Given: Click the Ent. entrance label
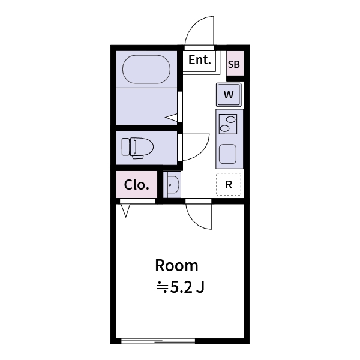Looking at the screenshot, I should [x=200, y=60].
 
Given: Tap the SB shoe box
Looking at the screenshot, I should [x=235, y=64].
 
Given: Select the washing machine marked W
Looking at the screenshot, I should [x=229, y=95].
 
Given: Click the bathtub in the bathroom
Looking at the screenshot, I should [x=147, y=70].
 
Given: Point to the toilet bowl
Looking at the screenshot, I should [x=143, y=147].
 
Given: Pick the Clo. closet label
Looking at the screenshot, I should [x=136, y=185].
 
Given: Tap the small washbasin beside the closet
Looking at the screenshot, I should [x=173, y=185].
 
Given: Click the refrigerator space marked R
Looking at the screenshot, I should [x=229, y=185].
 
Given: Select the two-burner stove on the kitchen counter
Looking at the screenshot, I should [x=228, y=124].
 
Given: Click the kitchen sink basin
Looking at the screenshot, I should [x=228, y=155].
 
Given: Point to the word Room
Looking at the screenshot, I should [x=176, y=265].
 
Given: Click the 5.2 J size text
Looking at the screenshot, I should [x=181, y=287].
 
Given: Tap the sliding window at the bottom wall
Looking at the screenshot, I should [x=158, y=341].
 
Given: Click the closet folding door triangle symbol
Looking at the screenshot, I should [x=126, y=211].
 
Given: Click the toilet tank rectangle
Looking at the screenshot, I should [x=126, y=147].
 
